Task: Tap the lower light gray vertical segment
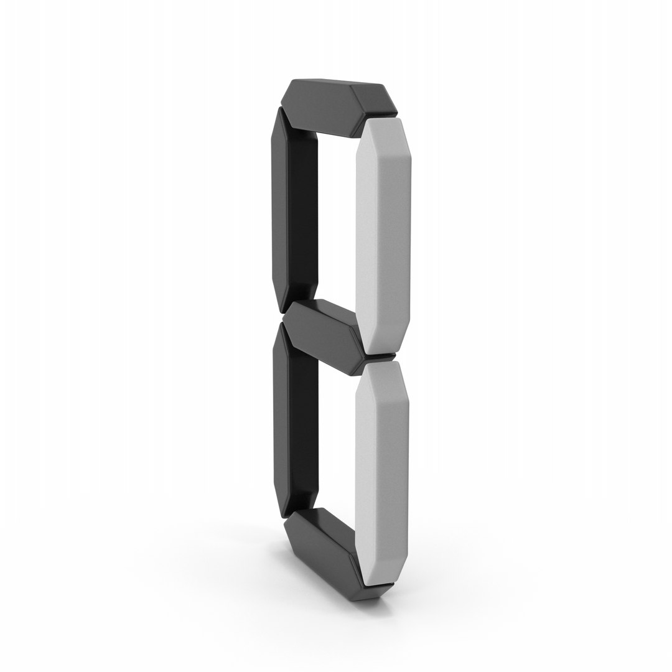[381, 474]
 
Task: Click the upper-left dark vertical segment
[294, 210]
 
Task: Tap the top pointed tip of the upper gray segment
[383, 118]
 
